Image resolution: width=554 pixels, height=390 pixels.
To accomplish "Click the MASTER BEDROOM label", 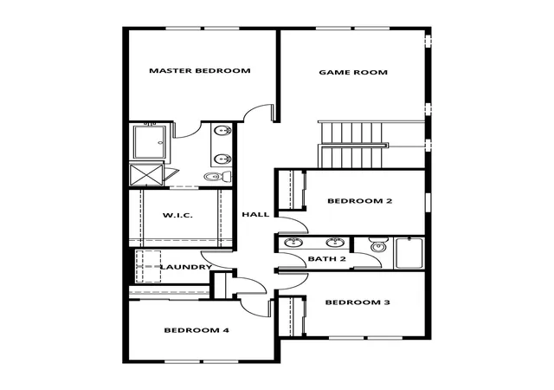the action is (200, 70).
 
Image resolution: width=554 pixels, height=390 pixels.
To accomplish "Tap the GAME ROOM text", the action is (353, 72).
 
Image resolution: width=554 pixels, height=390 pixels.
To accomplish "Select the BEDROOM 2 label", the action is (360, 201).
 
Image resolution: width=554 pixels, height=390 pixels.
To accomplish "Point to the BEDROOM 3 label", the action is (358, 302).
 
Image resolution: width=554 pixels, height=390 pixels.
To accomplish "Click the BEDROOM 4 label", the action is (196, 330).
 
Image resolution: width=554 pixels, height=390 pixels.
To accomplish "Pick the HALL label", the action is (255, 214).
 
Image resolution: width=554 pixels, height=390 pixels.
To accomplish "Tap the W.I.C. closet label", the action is (177, 215).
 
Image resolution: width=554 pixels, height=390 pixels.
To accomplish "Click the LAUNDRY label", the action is (187, 267).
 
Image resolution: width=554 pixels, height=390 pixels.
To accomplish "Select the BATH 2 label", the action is (327, 259).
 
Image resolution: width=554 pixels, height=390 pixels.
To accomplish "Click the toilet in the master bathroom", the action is (217, 176).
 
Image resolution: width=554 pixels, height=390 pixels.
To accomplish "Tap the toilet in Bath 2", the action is (378, 245).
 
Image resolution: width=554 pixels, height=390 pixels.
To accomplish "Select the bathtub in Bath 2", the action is (409, 253).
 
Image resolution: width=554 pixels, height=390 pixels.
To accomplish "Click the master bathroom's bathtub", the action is (150, 142).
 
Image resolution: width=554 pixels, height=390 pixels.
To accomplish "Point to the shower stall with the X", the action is (146, 174).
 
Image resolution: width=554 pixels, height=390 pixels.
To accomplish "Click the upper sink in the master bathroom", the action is (222, 131).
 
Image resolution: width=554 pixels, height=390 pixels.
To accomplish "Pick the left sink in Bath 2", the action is (293, 243).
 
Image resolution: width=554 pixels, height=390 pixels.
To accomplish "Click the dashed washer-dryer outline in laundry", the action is (148, 266).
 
